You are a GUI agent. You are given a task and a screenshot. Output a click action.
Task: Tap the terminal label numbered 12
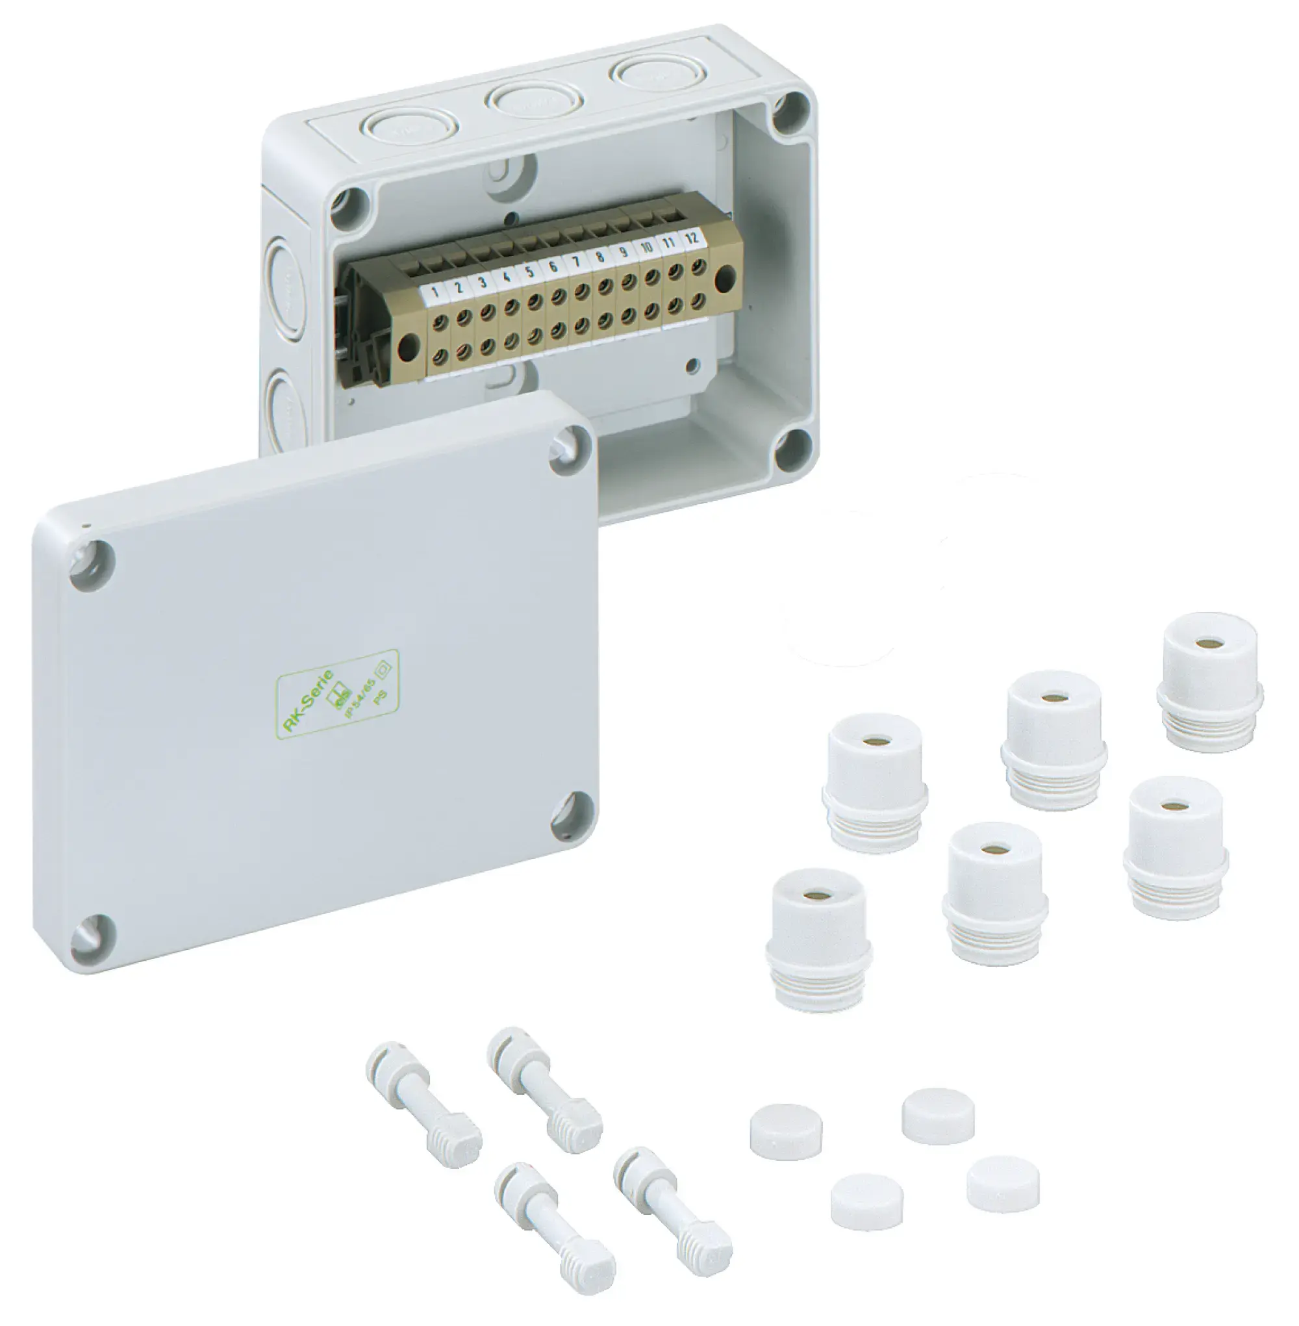pyautogui.click(x=692, y=238)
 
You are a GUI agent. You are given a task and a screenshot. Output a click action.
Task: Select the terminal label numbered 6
pyautogui.click(x=553, y=266)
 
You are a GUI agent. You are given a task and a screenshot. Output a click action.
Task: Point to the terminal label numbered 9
pyautogui.click(x=623, y=252)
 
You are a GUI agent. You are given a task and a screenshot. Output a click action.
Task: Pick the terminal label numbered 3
pyautogui.click(x=483, y=283)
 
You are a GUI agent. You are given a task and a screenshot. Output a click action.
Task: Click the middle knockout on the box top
pyautogui.click(x=534, y=99)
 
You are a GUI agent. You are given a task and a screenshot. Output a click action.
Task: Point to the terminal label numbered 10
pyautogui.click(x=646, y=248)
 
